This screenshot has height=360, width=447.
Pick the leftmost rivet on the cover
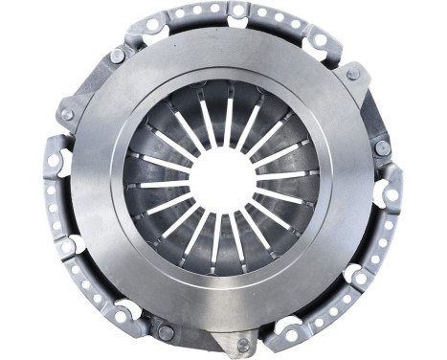66,114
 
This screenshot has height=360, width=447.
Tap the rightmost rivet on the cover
382,148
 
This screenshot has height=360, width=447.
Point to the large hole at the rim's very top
236,10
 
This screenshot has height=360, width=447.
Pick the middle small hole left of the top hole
195,11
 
